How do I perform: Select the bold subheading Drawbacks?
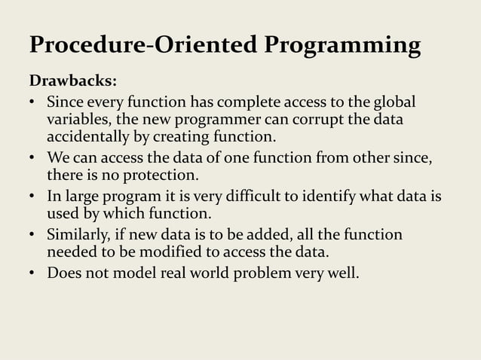[x=72, y=81]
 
